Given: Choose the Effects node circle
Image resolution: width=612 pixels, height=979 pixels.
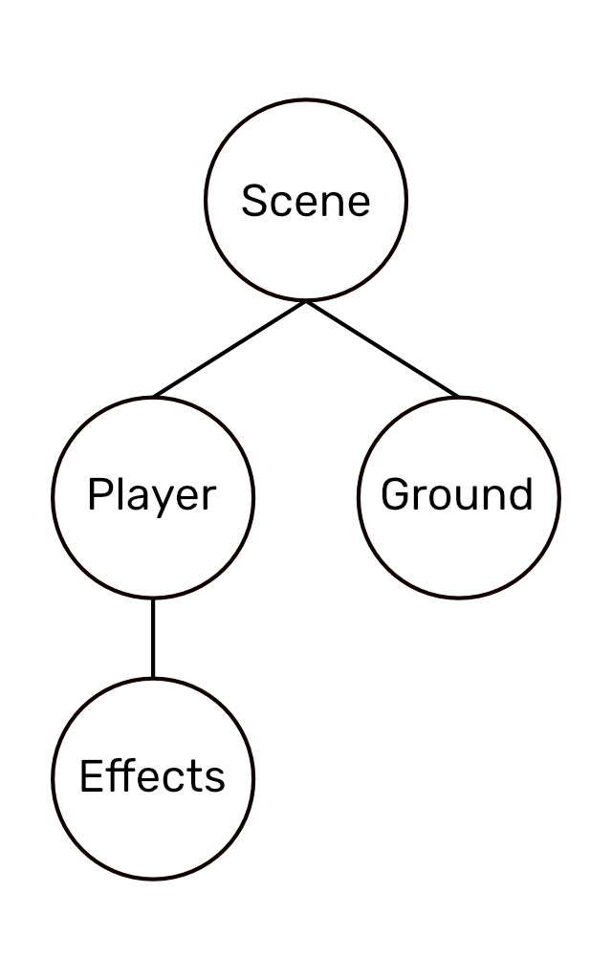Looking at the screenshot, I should (x=153, y=832).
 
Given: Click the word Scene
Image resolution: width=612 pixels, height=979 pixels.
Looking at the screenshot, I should (x=305, y=201).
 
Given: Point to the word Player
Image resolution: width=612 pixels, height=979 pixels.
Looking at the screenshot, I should (x=152, y=495).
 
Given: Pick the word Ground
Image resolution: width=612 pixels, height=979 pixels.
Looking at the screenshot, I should (x=457, y=494).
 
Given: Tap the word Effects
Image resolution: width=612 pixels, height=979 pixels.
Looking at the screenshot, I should (x=152, y=776).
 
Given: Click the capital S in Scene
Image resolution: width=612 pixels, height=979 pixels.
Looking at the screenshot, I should (x=253, y=201).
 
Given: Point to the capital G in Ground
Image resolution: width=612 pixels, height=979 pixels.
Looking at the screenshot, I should (x=395, y=494).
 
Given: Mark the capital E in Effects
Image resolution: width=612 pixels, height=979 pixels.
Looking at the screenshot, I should (x=90, y=776).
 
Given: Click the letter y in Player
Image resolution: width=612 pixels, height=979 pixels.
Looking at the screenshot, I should (x=163, y=500).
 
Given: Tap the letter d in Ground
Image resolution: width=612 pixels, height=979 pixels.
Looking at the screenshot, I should (x=520, y=494).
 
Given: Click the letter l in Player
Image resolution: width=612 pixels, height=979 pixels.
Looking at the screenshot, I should (x=120, y=493).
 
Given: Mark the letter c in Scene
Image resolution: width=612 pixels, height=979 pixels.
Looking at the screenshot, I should (x=278, y=204).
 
